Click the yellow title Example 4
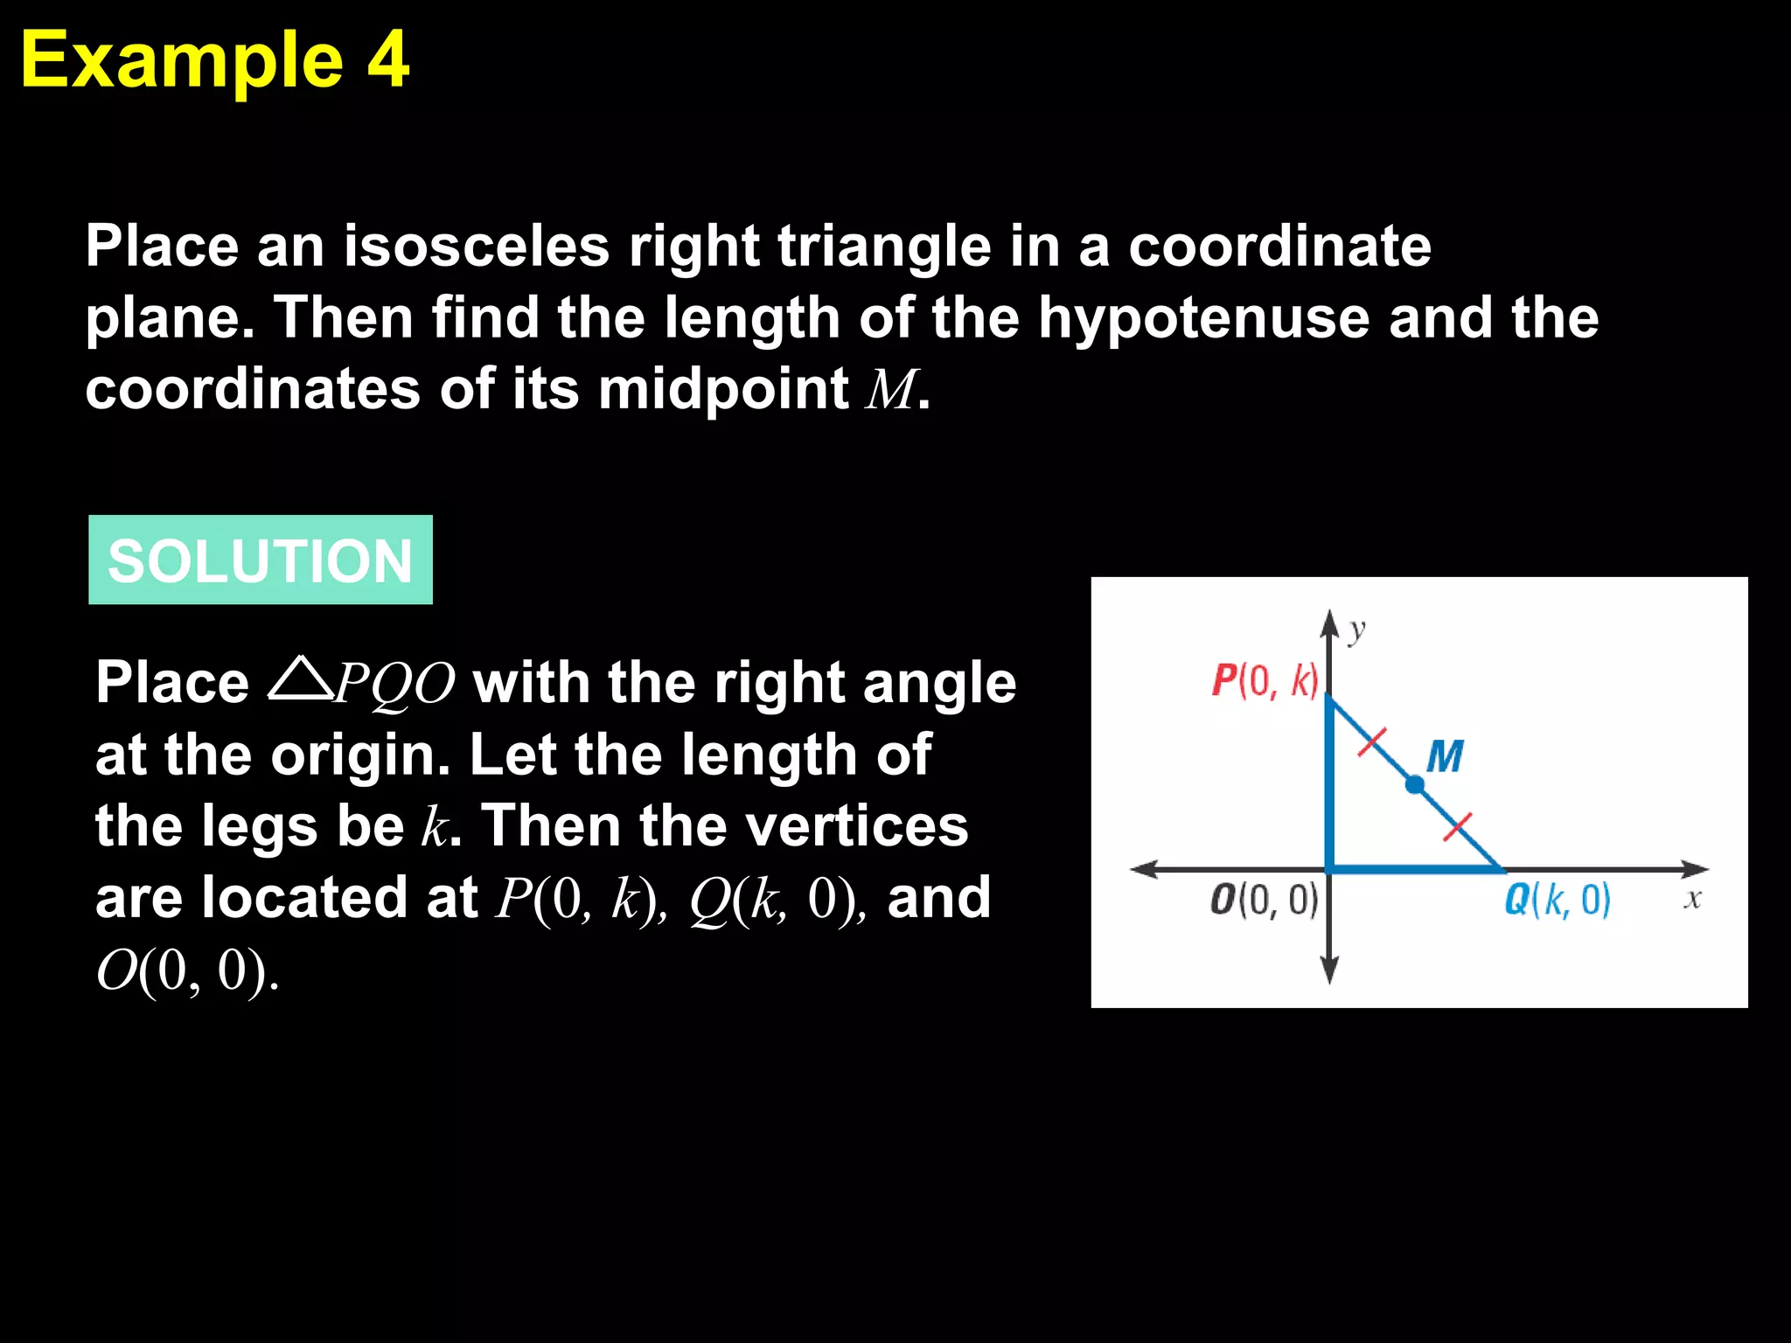(x=214, y=59)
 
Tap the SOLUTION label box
(x=260, y=560)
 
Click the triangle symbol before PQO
(x=298, y=678)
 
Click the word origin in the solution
(x=359, y=755)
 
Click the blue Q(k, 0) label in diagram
(x=1558, y=900)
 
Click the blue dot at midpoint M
(x=1414, y=785)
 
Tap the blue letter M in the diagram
(x=1445, y=756)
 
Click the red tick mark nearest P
(x=1372, y=742)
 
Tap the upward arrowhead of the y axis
(x=1329, y=622)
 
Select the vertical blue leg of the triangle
(x=1329, y=787)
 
